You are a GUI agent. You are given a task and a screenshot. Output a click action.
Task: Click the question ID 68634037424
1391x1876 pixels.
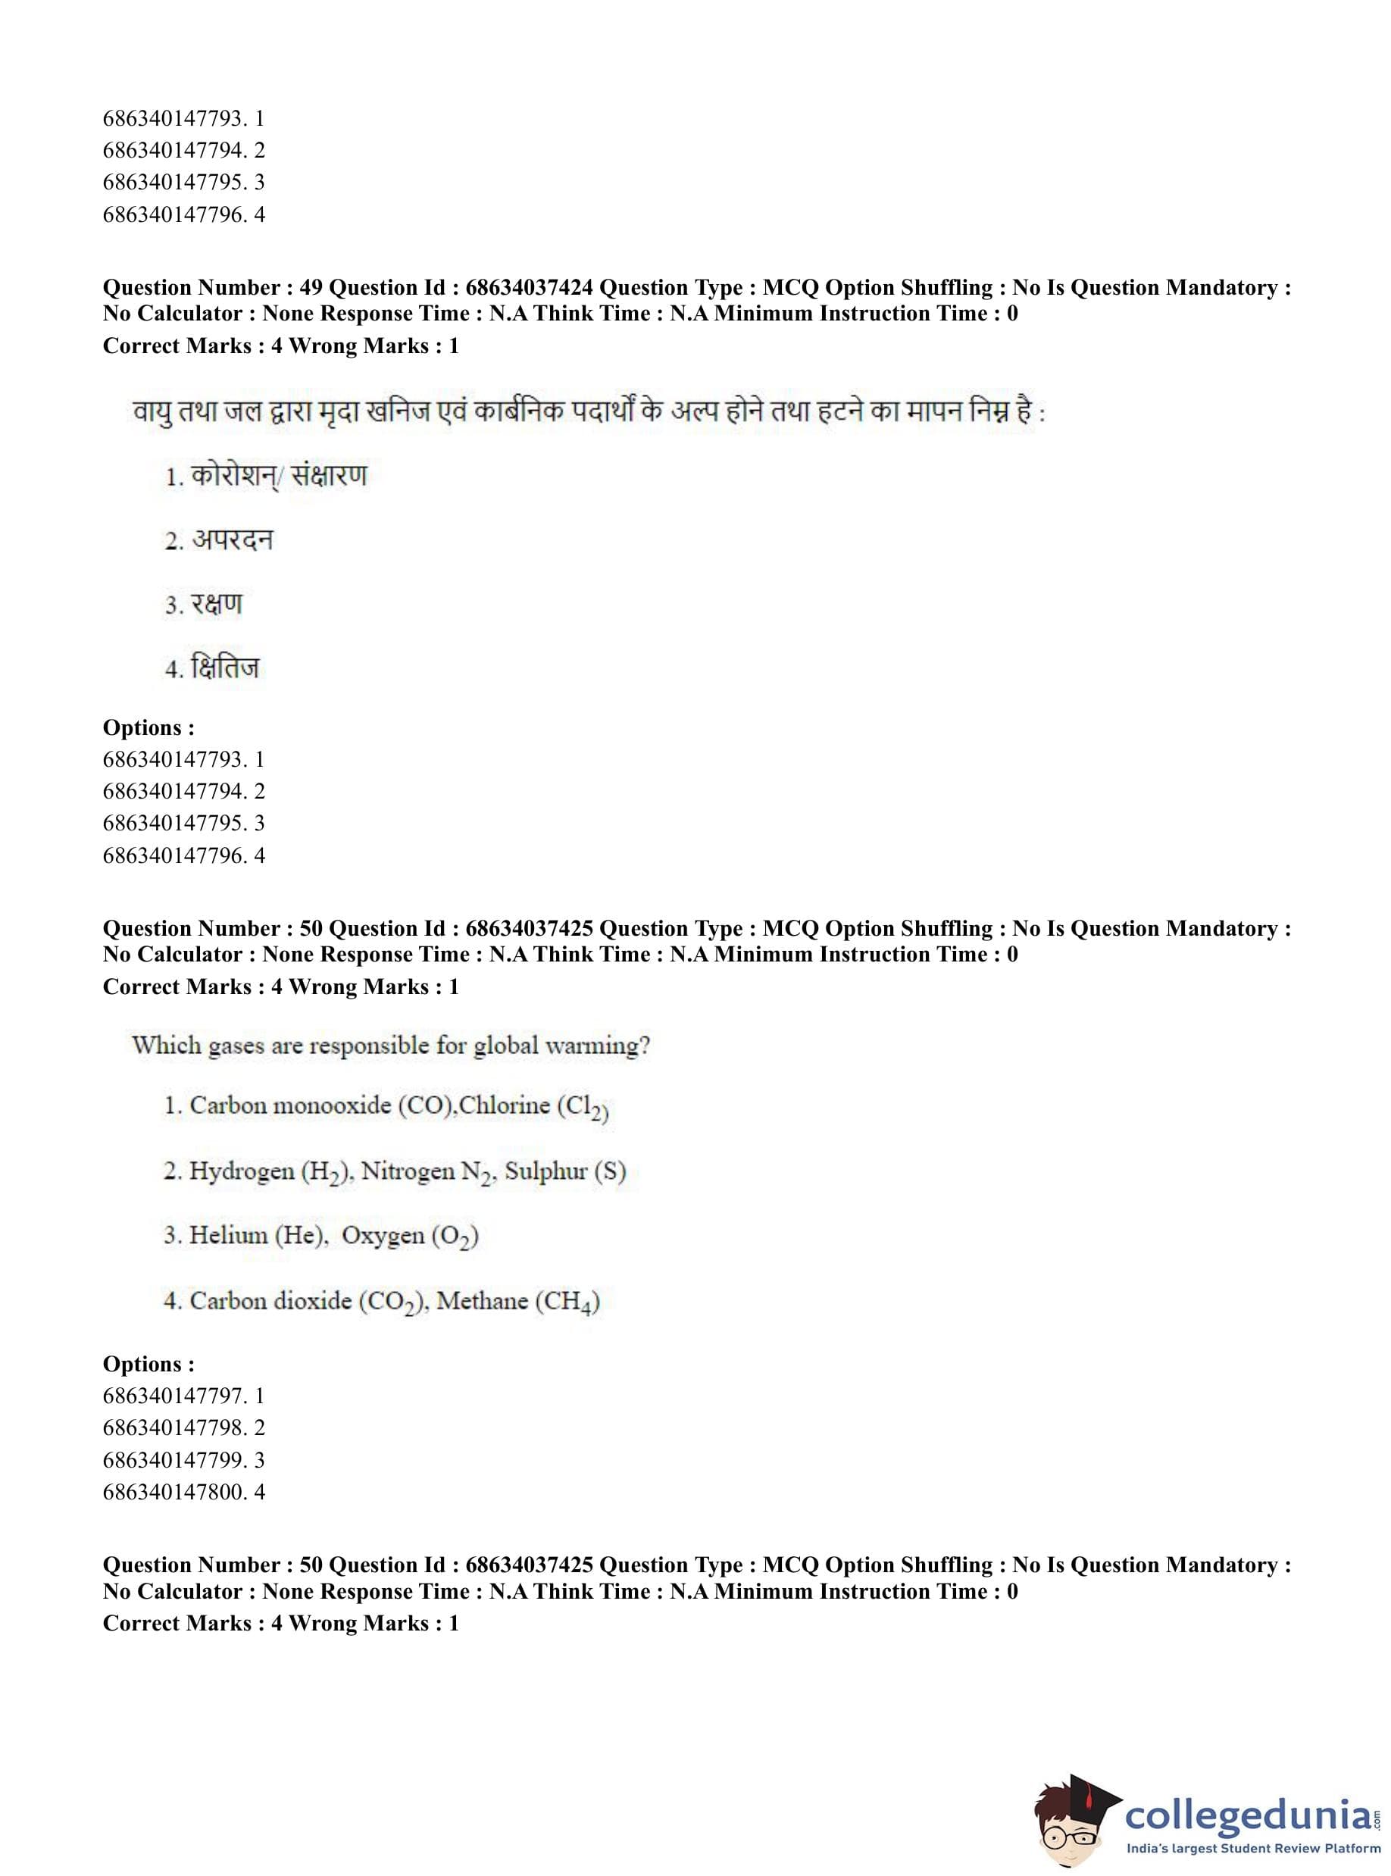tap(529, 288)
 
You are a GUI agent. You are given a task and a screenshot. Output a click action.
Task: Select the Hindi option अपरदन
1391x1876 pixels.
tap(233, 539)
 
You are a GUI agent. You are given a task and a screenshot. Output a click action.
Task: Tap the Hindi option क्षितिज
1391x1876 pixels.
tap(225, 668)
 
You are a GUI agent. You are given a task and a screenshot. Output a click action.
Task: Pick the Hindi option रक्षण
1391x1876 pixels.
tap(217, 604)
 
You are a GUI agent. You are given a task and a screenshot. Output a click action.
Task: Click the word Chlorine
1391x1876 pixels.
tap(505, 1105)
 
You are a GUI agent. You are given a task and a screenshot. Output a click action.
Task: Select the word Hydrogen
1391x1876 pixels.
tap(241, 1171)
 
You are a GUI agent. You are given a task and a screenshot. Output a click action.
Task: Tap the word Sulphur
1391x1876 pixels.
tap(545, 1171)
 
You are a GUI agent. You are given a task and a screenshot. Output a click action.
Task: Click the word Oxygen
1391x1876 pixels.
tap(383, 1235)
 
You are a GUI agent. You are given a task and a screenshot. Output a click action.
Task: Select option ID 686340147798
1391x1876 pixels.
tap(174, 1427)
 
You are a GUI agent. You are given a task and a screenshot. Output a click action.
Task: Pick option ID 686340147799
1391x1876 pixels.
tap(174, 1459)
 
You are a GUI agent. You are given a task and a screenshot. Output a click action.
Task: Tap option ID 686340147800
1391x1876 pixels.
tap(174, 1491)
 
